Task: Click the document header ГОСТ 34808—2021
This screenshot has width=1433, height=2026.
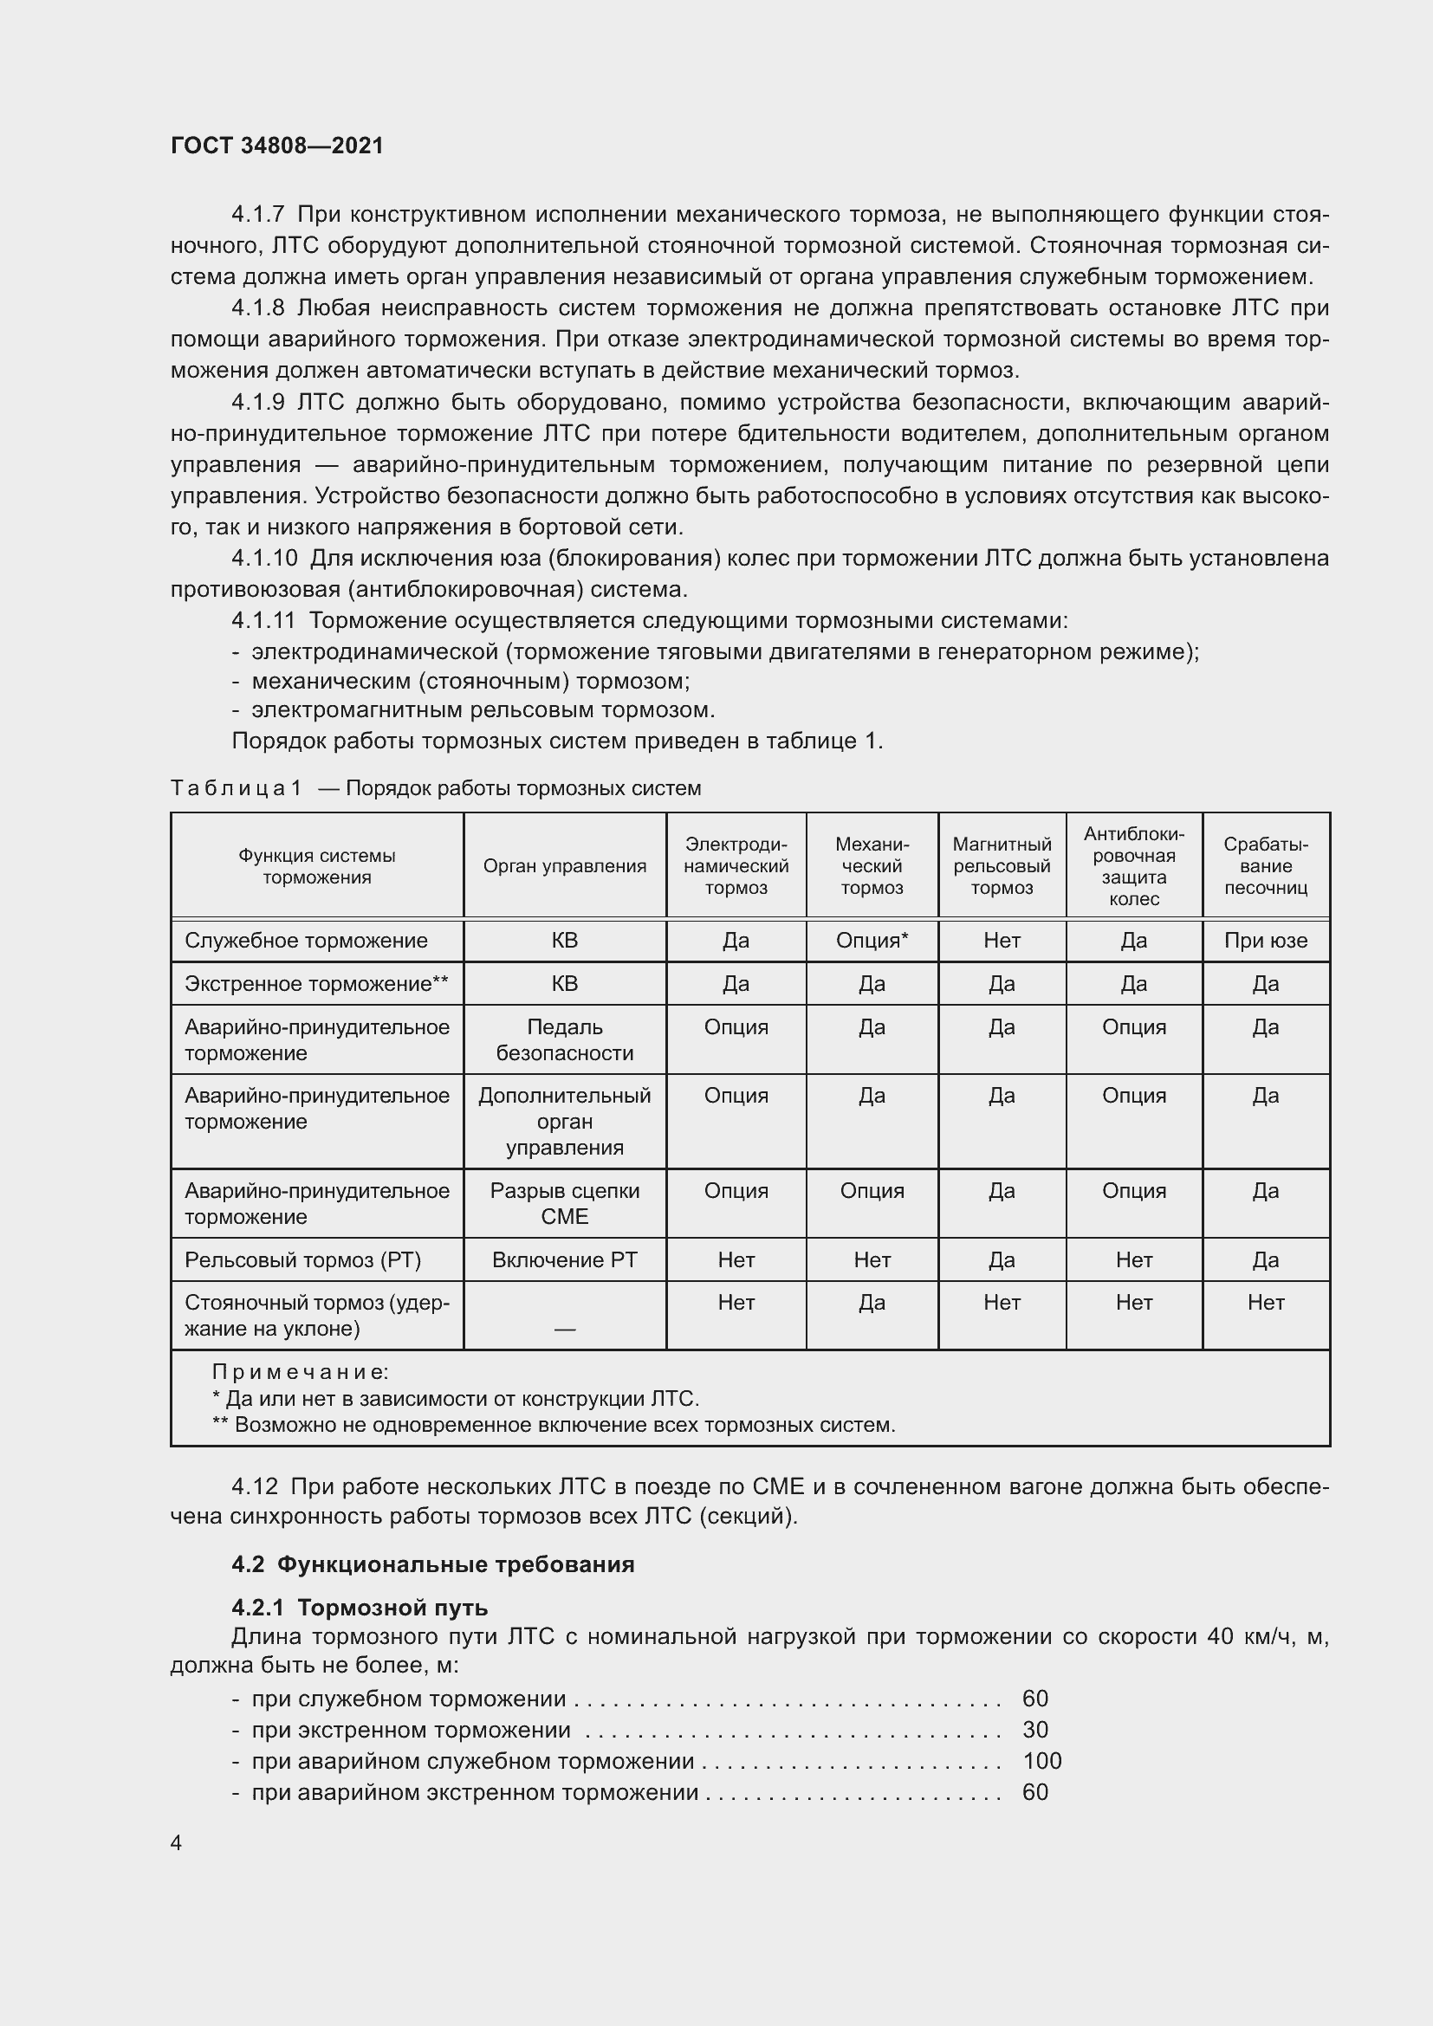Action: [x=277, y=146]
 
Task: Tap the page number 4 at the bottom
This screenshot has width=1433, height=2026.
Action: [x=177, y=1842]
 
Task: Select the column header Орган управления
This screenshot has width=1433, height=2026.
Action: [x=564, y=865]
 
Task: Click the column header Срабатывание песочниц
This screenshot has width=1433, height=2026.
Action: [x=1264, y=865]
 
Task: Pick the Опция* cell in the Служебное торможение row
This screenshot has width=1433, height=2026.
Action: [x=871, y=941]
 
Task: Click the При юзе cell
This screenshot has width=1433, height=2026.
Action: [x=1264, y=941]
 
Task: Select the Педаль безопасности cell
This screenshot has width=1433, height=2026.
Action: [x=564, y=1039]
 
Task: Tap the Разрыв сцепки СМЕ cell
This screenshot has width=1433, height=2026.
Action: [x=564, y=1203]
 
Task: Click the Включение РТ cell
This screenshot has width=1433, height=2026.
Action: [x=564, y=1259]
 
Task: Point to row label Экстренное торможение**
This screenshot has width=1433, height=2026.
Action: [x=316, y=984]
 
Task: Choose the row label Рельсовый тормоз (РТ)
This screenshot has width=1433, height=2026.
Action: [x=302, y=1259]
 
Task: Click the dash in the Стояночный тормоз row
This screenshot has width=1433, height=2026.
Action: [x=564, y=1329]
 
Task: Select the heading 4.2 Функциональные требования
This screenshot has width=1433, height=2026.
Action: [x=432, y=1564]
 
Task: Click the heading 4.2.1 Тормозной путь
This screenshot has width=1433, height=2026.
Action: [x=360, y=1607]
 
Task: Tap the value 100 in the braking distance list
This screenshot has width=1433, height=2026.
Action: [x=1041, y=1760]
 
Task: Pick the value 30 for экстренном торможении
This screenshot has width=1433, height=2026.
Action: [x=1034, y=1730]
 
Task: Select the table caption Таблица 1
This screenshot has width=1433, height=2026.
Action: [x=236, y=788]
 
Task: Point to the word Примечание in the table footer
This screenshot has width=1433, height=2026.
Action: [x=299, y=1372]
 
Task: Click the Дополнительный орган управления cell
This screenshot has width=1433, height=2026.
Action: [x=564, y=1121]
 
